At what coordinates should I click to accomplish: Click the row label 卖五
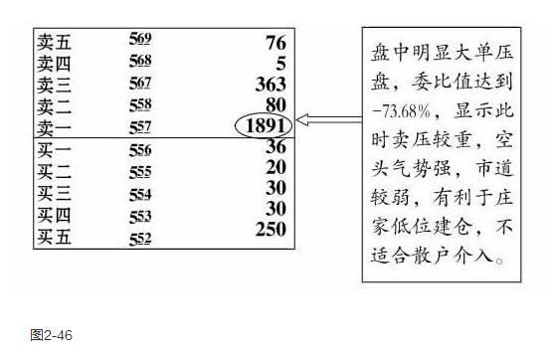[56, 43]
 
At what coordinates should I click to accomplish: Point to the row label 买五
[56, 236]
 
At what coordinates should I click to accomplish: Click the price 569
[140, 41]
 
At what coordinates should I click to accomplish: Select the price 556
[140, 150]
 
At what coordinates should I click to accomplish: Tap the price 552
[140, 239]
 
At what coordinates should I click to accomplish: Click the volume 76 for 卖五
[276, 43]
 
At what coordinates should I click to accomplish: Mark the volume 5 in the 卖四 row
[281, 64]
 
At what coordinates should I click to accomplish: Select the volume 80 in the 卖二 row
[276, 104]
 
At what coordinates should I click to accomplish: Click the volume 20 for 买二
[276, 167]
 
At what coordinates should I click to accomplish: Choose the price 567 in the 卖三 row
[140, 83]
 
